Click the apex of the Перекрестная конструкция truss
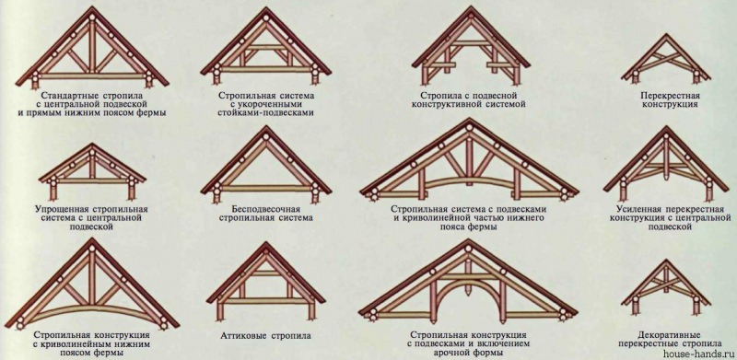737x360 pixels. coord(657,39)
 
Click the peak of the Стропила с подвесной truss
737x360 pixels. coord(466,12)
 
